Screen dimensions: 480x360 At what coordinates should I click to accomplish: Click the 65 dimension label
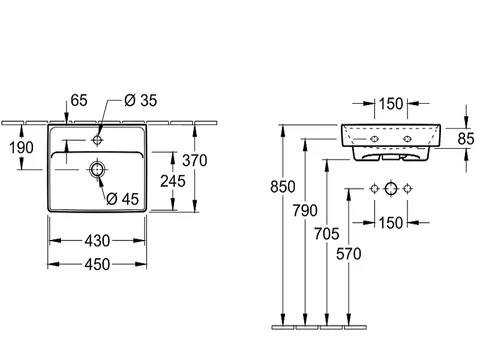tap(79, 100)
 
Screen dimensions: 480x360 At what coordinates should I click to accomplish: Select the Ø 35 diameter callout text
tap(140, 100)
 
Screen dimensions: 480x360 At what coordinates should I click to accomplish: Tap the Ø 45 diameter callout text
tap(122, 199)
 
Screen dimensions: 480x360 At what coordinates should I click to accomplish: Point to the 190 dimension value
tap(21, 148)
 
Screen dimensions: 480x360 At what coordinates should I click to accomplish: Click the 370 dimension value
tap(195, 161)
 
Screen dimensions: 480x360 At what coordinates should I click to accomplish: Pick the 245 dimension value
tap(173, 181)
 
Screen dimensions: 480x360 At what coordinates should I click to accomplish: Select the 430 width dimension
tap(97, 241)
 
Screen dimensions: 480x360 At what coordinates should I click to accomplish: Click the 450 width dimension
tap(97, 265)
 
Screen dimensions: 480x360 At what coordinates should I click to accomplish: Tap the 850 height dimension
tap(283, 187)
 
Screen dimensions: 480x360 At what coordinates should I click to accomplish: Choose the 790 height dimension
tap(305, 211)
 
